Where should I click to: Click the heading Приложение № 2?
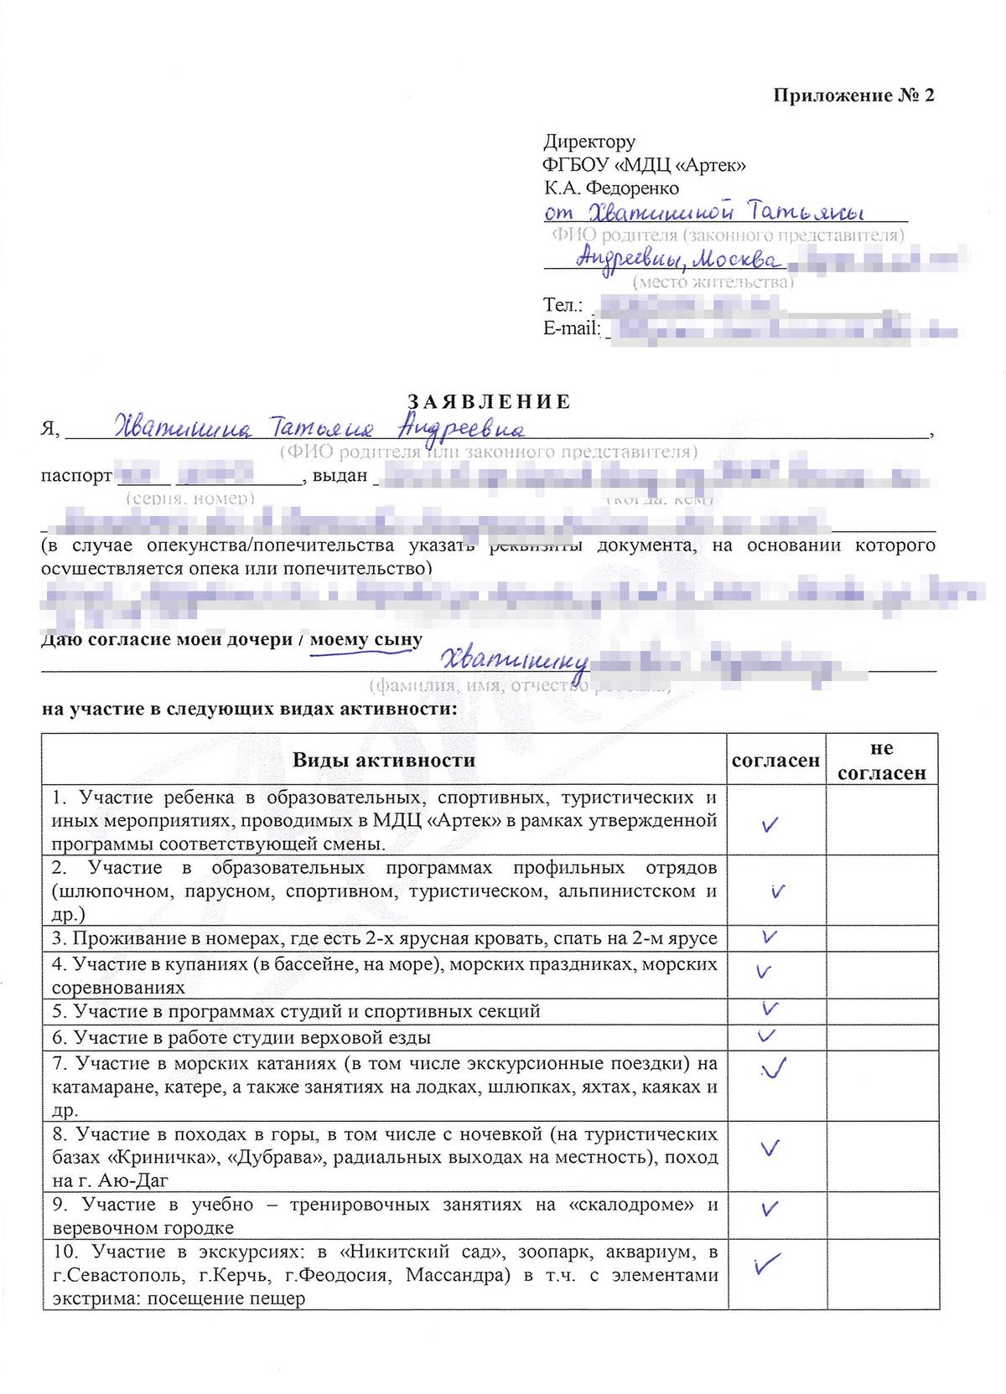tap(853, 95)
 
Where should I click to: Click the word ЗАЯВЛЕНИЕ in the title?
tap(489, 401)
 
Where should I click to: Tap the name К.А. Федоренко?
tap(611, 188)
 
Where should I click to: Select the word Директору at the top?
tap(589, 142)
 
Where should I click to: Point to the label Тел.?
tap(563, 305)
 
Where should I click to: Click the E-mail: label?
tap(573, 328)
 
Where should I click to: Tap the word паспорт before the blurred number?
tap(76, 476)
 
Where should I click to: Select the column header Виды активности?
tap(383, 760)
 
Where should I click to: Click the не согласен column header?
tap(881, 760)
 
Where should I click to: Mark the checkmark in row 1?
tap(770, 825)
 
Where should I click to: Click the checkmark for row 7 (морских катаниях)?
tap(773, 1068)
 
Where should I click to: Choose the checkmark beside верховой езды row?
tap(766, 1035)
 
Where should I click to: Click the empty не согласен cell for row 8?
tap(881, 1157)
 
